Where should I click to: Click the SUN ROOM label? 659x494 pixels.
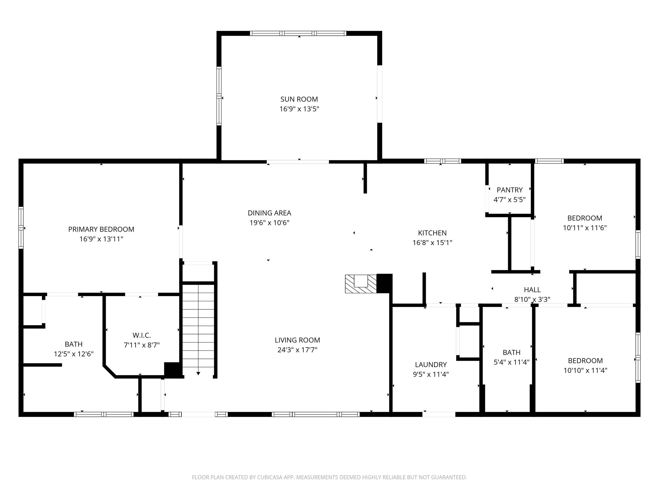tap(299, 99)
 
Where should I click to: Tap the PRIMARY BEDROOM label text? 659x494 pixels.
tap(101, 229)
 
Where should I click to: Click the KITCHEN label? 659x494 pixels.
tap(432, 233)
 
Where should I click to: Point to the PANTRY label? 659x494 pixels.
tap(510, 190)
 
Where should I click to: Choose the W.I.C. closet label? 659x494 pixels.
tap(142, 335)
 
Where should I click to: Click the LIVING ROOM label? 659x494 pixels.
tap(297, 340)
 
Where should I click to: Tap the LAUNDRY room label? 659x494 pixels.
tap(431, 364)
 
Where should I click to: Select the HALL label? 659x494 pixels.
tap(532, 289)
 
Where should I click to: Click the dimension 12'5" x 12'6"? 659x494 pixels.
tap(74, 354)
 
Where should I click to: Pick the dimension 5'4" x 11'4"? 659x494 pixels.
tap(512, 362)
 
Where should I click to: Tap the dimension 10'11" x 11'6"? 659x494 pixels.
tap(585, 228)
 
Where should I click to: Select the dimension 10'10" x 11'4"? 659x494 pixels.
tap(585, 370)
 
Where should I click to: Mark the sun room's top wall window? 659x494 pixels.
tap(298, 33)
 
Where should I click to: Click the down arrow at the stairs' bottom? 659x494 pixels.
tap(198, 374)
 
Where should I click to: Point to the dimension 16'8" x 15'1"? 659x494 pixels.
tap(432, 243)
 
